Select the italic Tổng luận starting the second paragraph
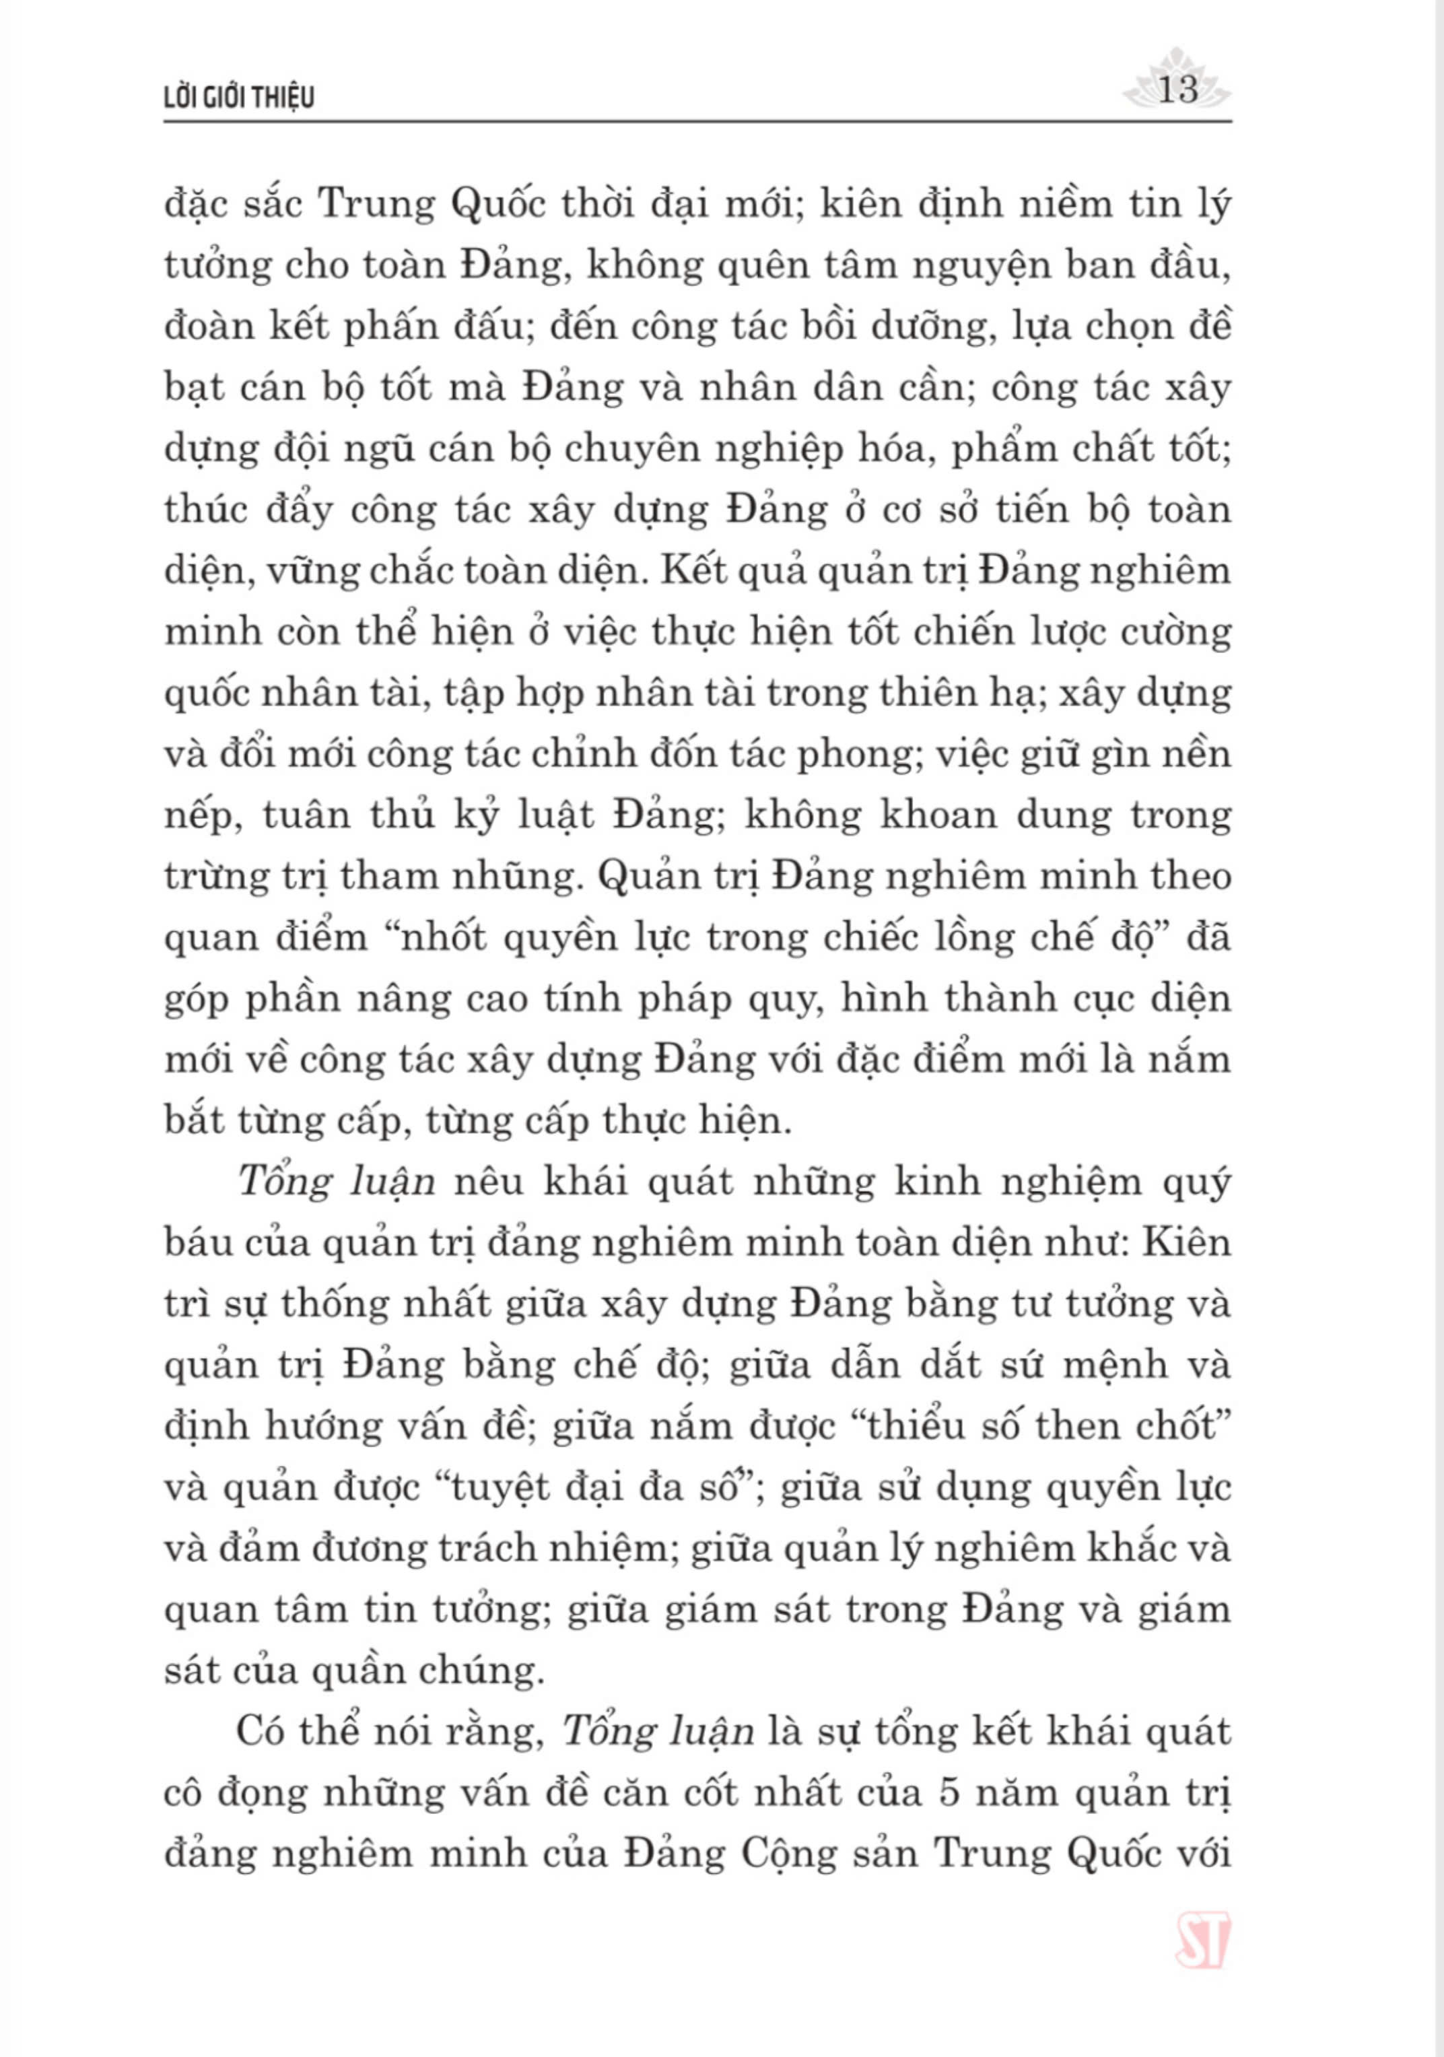coord(337,1182)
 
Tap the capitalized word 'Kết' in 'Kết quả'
coord(690,571)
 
